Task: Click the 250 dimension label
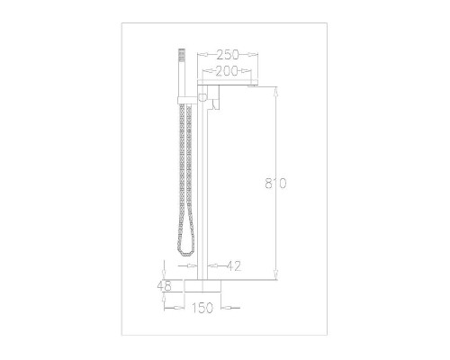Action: [x=228, y=55]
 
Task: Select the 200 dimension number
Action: [x=227, y=71]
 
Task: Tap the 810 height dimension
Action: [x=275, y=183]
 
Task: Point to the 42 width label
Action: [x=234, y=266]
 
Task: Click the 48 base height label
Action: [x=164, y=286]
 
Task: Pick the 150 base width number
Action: [x=202, y=308]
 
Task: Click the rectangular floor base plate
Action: [x=202, y=286]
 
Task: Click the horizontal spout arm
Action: [x=228, y=82]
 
